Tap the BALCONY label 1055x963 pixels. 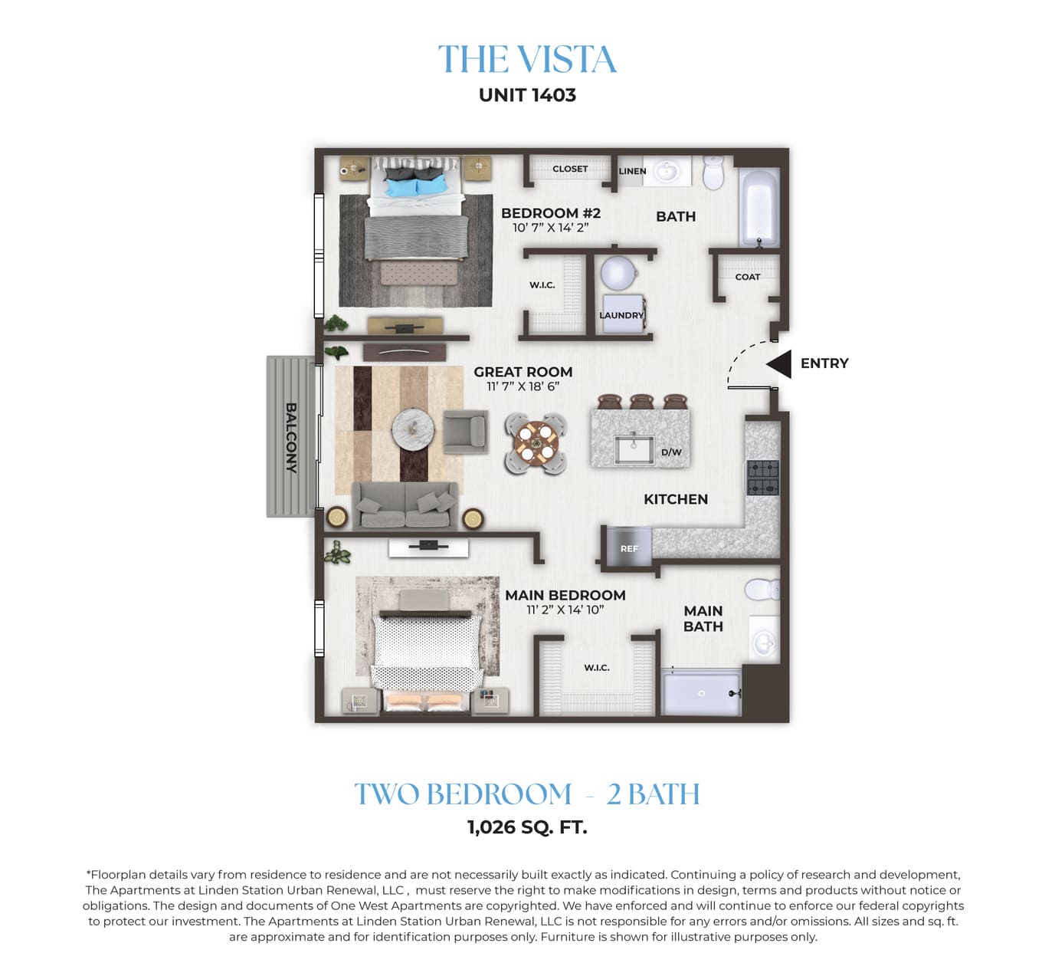pos(291,438)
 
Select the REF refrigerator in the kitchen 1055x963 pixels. pos(630,547)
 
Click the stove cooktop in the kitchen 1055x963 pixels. pos(763,478)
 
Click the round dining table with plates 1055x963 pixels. pos(536,443)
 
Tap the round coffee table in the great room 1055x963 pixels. pos(414,429)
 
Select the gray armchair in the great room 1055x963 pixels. pos(465,432)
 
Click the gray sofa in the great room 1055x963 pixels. pos(405,505)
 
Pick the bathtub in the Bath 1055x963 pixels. pos(759,208)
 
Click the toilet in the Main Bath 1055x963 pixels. pos(762,589)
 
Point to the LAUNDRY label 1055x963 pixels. pos(621,315)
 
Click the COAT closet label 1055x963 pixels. pos(748,277)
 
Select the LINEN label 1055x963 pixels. pos(633,171)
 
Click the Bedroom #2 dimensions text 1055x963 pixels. pos(551,228)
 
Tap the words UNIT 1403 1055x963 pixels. pos(527,95)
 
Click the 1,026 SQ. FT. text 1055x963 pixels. pos(527,827)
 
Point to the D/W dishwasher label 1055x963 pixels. pos(672,452)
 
